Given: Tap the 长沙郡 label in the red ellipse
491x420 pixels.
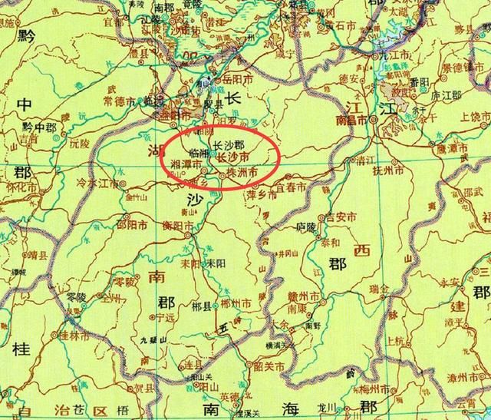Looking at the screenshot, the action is tap(228, 144).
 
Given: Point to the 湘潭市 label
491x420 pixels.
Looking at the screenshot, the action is tap(189, 164).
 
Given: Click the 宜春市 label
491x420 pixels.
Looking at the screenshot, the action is tap(292, 187).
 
